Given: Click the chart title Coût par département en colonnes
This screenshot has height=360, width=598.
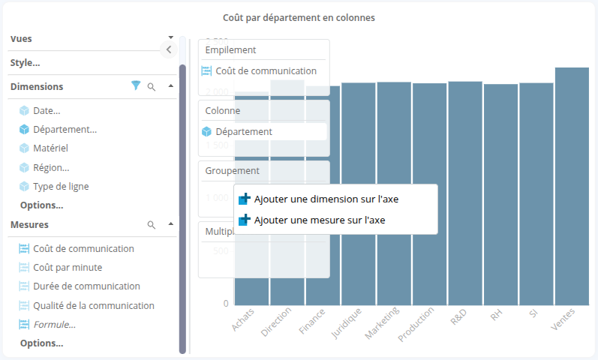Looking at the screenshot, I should [x=299, y=16].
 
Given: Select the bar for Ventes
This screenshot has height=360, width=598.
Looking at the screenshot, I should [x=572, y=187].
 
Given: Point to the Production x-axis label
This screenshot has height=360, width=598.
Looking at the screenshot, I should [x=417, y=323].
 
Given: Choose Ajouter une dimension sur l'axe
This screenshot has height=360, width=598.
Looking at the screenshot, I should [x=326, y=199].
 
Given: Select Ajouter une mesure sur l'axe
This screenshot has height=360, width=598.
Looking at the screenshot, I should [x=320, y=220].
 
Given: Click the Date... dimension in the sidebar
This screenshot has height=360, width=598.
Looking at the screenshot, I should [x=47, y=111].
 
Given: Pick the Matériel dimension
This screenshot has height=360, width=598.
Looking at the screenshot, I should [x=50, y=148].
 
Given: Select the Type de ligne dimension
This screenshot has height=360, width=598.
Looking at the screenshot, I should [x=61, y=186].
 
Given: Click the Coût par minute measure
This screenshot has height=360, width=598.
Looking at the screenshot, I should [x=68, y=267].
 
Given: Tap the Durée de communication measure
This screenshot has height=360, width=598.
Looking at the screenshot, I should [x=86, y=286].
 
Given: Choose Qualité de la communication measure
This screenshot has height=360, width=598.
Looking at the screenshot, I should [x=94, y=305].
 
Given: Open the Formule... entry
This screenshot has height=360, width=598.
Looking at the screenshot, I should [x=54, y=325].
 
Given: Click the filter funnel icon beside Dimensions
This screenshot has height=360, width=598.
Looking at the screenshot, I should [x=136, y=86].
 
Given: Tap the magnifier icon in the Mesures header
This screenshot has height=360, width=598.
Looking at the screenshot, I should [x=152, y=224].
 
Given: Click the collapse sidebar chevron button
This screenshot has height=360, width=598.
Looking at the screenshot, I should [x=169, y=49].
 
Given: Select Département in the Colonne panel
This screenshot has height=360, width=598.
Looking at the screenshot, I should [x=244, y=131].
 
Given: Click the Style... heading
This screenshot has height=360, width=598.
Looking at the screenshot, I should [x=26, y=63].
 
